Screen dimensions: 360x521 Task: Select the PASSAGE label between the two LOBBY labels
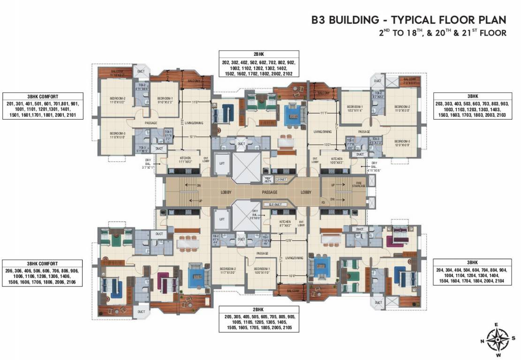(271, 193)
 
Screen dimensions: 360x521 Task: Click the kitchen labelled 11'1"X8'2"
(185, 160)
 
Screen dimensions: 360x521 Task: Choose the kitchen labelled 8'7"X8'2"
(285, 223)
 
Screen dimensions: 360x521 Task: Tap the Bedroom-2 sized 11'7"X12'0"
(228, 270)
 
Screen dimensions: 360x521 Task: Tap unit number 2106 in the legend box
(71, 282)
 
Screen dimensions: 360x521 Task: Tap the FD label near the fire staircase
(323, 203)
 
